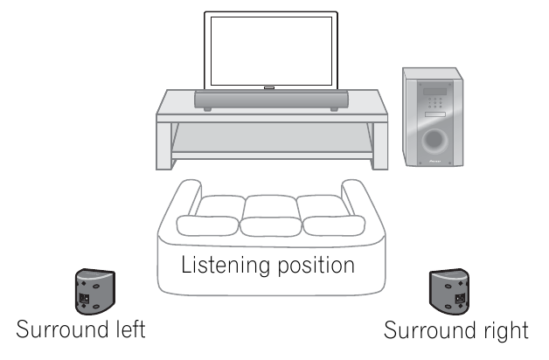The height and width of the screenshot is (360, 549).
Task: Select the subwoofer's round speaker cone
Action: point(434,140)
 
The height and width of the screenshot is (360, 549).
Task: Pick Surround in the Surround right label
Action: point(427,331)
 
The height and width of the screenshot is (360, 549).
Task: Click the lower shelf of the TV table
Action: point(272,152)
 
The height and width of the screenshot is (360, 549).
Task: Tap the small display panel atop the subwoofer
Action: point(434,90)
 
